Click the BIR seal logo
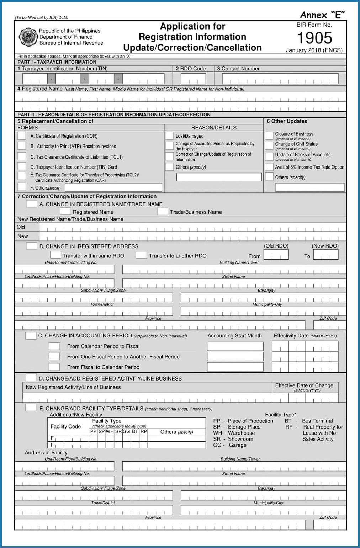tap(28, 37)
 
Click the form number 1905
tap(314, 38)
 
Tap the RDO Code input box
tap(193, 79)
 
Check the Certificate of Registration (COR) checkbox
tap(22, 135)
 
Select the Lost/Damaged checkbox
tap(169, 135)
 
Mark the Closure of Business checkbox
tap(269, 135)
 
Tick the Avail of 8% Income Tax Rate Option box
tap(269, 167)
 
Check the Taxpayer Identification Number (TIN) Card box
tap(22, 166)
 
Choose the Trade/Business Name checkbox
tap(163, 212)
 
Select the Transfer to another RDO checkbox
tap(141, 255)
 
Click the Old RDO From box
tap(276, 255)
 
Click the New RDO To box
tap(325, 255)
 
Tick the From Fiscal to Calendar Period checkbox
tap(54, 367)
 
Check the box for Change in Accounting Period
tap(31, 335)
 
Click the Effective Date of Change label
tap(304, 385)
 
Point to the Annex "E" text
tap(322, 15)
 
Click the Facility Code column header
tap(66, 426)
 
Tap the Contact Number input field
tap(280, 79)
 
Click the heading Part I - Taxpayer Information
tap(57, 62)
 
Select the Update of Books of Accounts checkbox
tap(269, 156)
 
